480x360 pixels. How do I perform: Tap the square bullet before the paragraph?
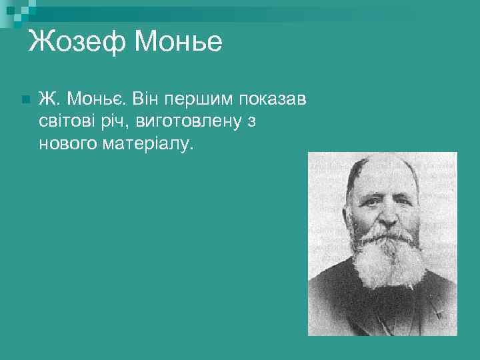click(25, 99)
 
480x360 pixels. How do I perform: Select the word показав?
click(272, 99)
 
